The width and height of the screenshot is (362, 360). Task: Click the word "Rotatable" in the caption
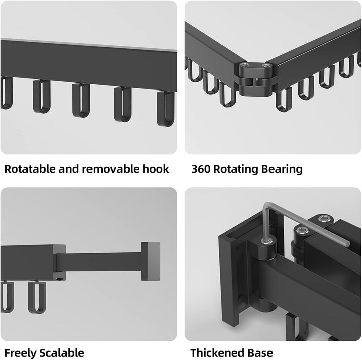click(30, 169)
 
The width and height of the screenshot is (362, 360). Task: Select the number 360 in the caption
click(201, 169)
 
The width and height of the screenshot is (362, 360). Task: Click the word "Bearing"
click(282, 170)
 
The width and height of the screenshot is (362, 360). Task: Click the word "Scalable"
click(62, 353)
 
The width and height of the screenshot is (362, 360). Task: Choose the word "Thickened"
click(218, 353)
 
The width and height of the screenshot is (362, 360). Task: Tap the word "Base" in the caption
click(260, 353)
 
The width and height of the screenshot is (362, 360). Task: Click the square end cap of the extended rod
click(150, 261)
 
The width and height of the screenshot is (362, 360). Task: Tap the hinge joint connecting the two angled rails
click(255, 79)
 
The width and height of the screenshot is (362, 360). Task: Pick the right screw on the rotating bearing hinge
click(266, 66)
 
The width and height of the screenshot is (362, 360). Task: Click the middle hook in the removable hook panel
click(81, 100)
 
